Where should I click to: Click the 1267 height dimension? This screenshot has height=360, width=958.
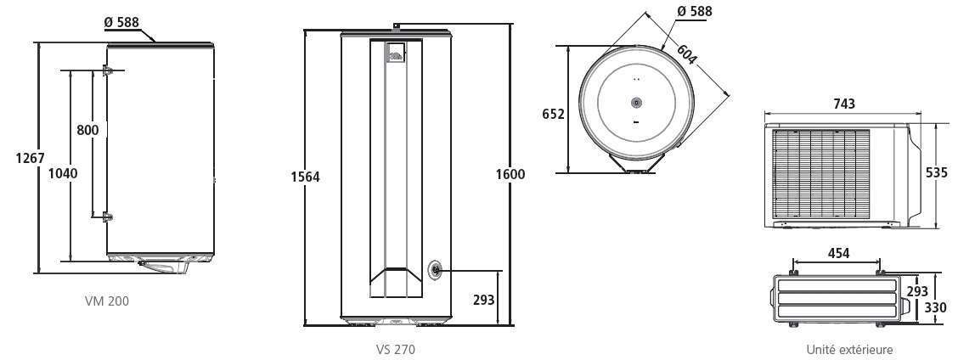tap(30, 158)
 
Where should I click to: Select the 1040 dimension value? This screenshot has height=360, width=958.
tap(63, 173)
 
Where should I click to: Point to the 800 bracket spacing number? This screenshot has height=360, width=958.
tap(88, 130)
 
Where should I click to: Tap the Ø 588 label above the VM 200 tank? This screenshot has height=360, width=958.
tap(121, 23)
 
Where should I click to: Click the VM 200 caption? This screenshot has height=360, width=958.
tap(107, 301)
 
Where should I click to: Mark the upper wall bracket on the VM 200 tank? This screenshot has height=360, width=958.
tap(108, 71)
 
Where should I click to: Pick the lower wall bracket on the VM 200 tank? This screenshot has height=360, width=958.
tap(108, 217)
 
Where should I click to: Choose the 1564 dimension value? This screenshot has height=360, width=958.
tap(306, 177)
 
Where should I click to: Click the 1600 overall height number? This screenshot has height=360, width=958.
tap(510, 174)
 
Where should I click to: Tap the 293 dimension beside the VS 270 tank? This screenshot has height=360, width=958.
tap(484, 300)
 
